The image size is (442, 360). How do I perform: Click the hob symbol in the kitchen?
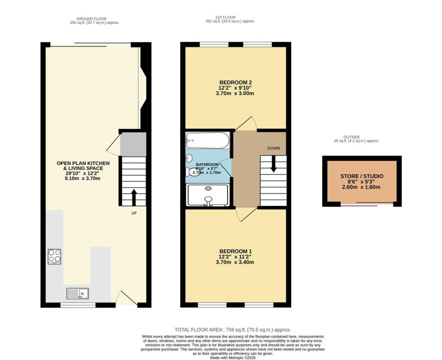pos(54,256)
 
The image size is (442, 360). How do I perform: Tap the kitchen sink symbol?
pos(77,294)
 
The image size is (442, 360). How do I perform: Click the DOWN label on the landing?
pos(273,148)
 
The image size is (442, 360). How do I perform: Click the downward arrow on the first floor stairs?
pos(273,164)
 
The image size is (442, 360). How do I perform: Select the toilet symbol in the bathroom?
pos(190,172)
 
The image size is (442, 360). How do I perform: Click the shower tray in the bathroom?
pos(208,195)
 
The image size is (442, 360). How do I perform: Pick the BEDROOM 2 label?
pos(235,82)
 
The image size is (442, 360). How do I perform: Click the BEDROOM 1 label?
pos(235,251)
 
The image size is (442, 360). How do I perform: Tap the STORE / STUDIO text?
pos(362,176)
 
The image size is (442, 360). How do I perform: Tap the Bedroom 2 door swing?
pos(247,123)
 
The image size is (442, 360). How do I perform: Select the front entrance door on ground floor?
pos(127,298)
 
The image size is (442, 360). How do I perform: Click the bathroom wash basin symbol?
pos(189,158)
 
